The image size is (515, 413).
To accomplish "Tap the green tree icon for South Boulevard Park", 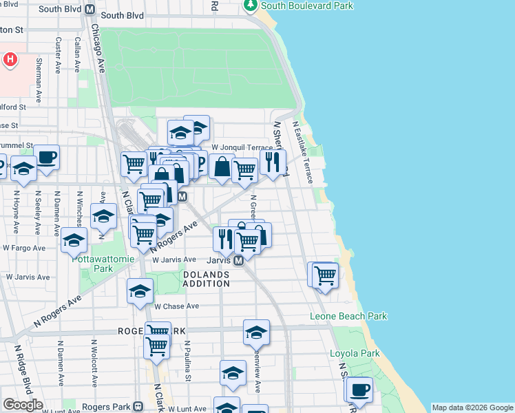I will coord(251,6).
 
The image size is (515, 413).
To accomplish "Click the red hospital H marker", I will coord(10,60).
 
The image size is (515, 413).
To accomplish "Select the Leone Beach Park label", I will coord(348,317).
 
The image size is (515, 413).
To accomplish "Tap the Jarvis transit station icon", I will coord(238,261).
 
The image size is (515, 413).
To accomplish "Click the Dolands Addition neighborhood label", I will coord(207,279).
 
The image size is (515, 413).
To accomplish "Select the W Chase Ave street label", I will coord(176,306).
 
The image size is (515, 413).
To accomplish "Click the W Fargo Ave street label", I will coord(25,246).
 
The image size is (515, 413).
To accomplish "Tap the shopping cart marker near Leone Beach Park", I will coord(325,275).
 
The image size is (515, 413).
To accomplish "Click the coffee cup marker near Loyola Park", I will coord(359,390).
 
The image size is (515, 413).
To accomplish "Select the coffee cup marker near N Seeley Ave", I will coord(46,157).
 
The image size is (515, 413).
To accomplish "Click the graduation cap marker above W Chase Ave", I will coord(140,290).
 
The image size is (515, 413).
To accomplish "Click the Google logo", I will coord(23,405).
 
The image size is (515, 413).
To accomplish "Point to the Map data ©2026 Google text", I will coord(472,407).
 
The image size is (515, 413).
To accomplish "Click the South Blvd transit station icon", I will coord(90,10).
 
